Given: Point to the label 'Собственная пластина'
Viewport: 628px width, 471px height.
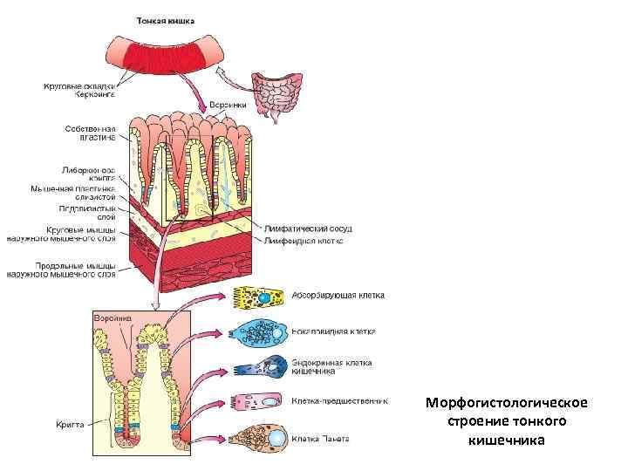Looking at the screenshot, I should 90,133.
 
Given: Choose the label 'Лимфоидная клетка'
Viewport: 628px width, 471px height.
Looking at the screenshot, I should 304,240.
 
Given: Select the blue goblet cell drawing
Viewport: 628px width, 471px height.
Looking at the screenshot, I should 259,332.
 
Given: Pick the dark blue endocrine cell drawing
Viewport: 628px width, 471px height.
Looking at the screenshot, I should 260,368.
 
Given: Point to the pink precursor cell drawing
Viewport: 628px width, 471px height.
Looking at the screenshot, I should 258,402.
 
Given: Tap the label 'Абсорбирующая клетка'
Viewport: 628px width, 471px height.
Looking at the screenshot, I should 338,296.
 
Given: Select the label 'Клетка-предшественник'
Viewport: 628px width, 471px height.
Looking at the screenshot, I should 339,401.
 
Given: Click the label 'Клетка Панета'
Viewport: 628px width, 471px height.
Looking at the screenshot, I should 321,438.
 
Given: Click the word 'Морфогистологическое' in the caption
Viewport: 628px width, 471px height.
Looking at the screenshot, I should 507,403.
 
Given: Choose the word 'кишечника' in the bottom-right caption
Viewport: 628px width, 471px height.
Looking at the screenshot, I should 507,440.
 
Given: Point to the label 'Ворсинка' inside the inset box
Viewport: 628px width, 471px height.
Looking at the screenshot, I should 113,319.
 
